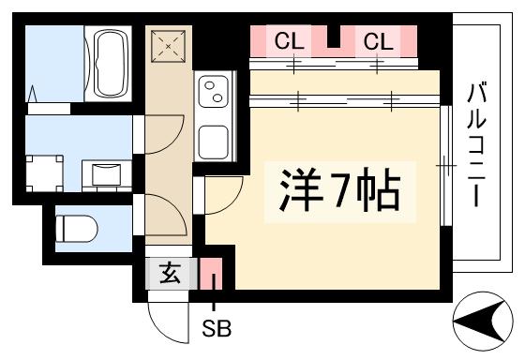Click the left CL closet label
click(x=290, y=41)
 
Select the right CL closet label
click(x=379, y=41)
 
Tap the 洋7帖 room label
click(x=340, y=190)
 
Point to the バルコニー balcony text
click(x=476, y=145)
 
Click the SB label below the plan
click(x=217, y=328)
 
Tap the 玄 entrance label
click(x=170, y=273)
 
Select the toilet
click(x=76, y=229)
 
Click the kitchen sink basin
click(x=214, y=142)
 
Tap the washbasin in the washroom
click(x=107, y=174)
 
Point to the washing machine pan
click(x=45, y=173)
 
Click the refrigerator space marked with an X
click(x=168, y=46)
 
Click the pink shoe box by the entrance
click(x=211, y=273)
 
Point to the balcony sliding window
click(x=445, y=166)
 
